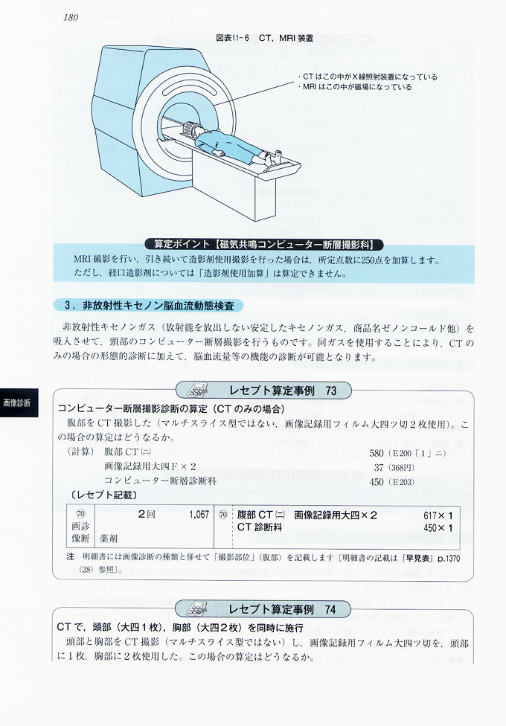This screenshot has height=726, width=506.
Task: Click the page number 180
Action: [x=71, y=18]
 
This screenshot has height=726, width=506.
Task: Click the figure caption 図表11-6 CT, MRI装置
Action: [x=265, y=38]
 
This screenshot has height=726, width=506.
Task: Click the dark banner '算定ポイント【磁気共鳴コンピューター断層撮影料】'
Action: [x=263, y=245]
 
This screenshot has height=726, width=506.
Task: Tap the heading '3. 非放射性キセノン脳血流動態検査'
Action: [x=149, y=306]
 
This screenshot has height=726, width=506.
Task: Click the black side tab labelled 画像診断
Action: [x=19, y=403]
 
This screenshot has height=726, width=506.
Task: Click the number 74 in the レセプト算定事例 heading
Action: [x=330, y=610]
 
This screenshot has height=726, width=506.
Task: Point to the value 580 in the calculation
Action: [x=377, y=452]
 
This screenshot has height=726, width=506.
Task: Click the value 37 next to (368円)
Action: [x=379, y=468]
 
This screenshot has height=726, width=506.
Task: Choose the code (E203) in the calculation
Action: [x=401, y=482]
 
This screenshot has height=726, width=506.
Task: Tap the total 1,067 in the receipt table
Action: [x=199, y=515]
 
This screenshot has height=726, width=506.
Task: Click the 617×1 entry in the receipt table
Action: [x=438, y=515]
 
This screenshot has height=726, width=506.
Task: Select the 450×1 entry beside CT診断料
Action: [x=438, y=527]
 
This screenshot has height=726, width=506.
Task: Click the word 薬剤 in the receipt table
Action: [x=109, y=539]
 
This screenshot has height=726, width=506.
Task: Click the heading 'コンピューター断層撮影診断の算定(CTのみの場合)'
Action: [x=171, y=409]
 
